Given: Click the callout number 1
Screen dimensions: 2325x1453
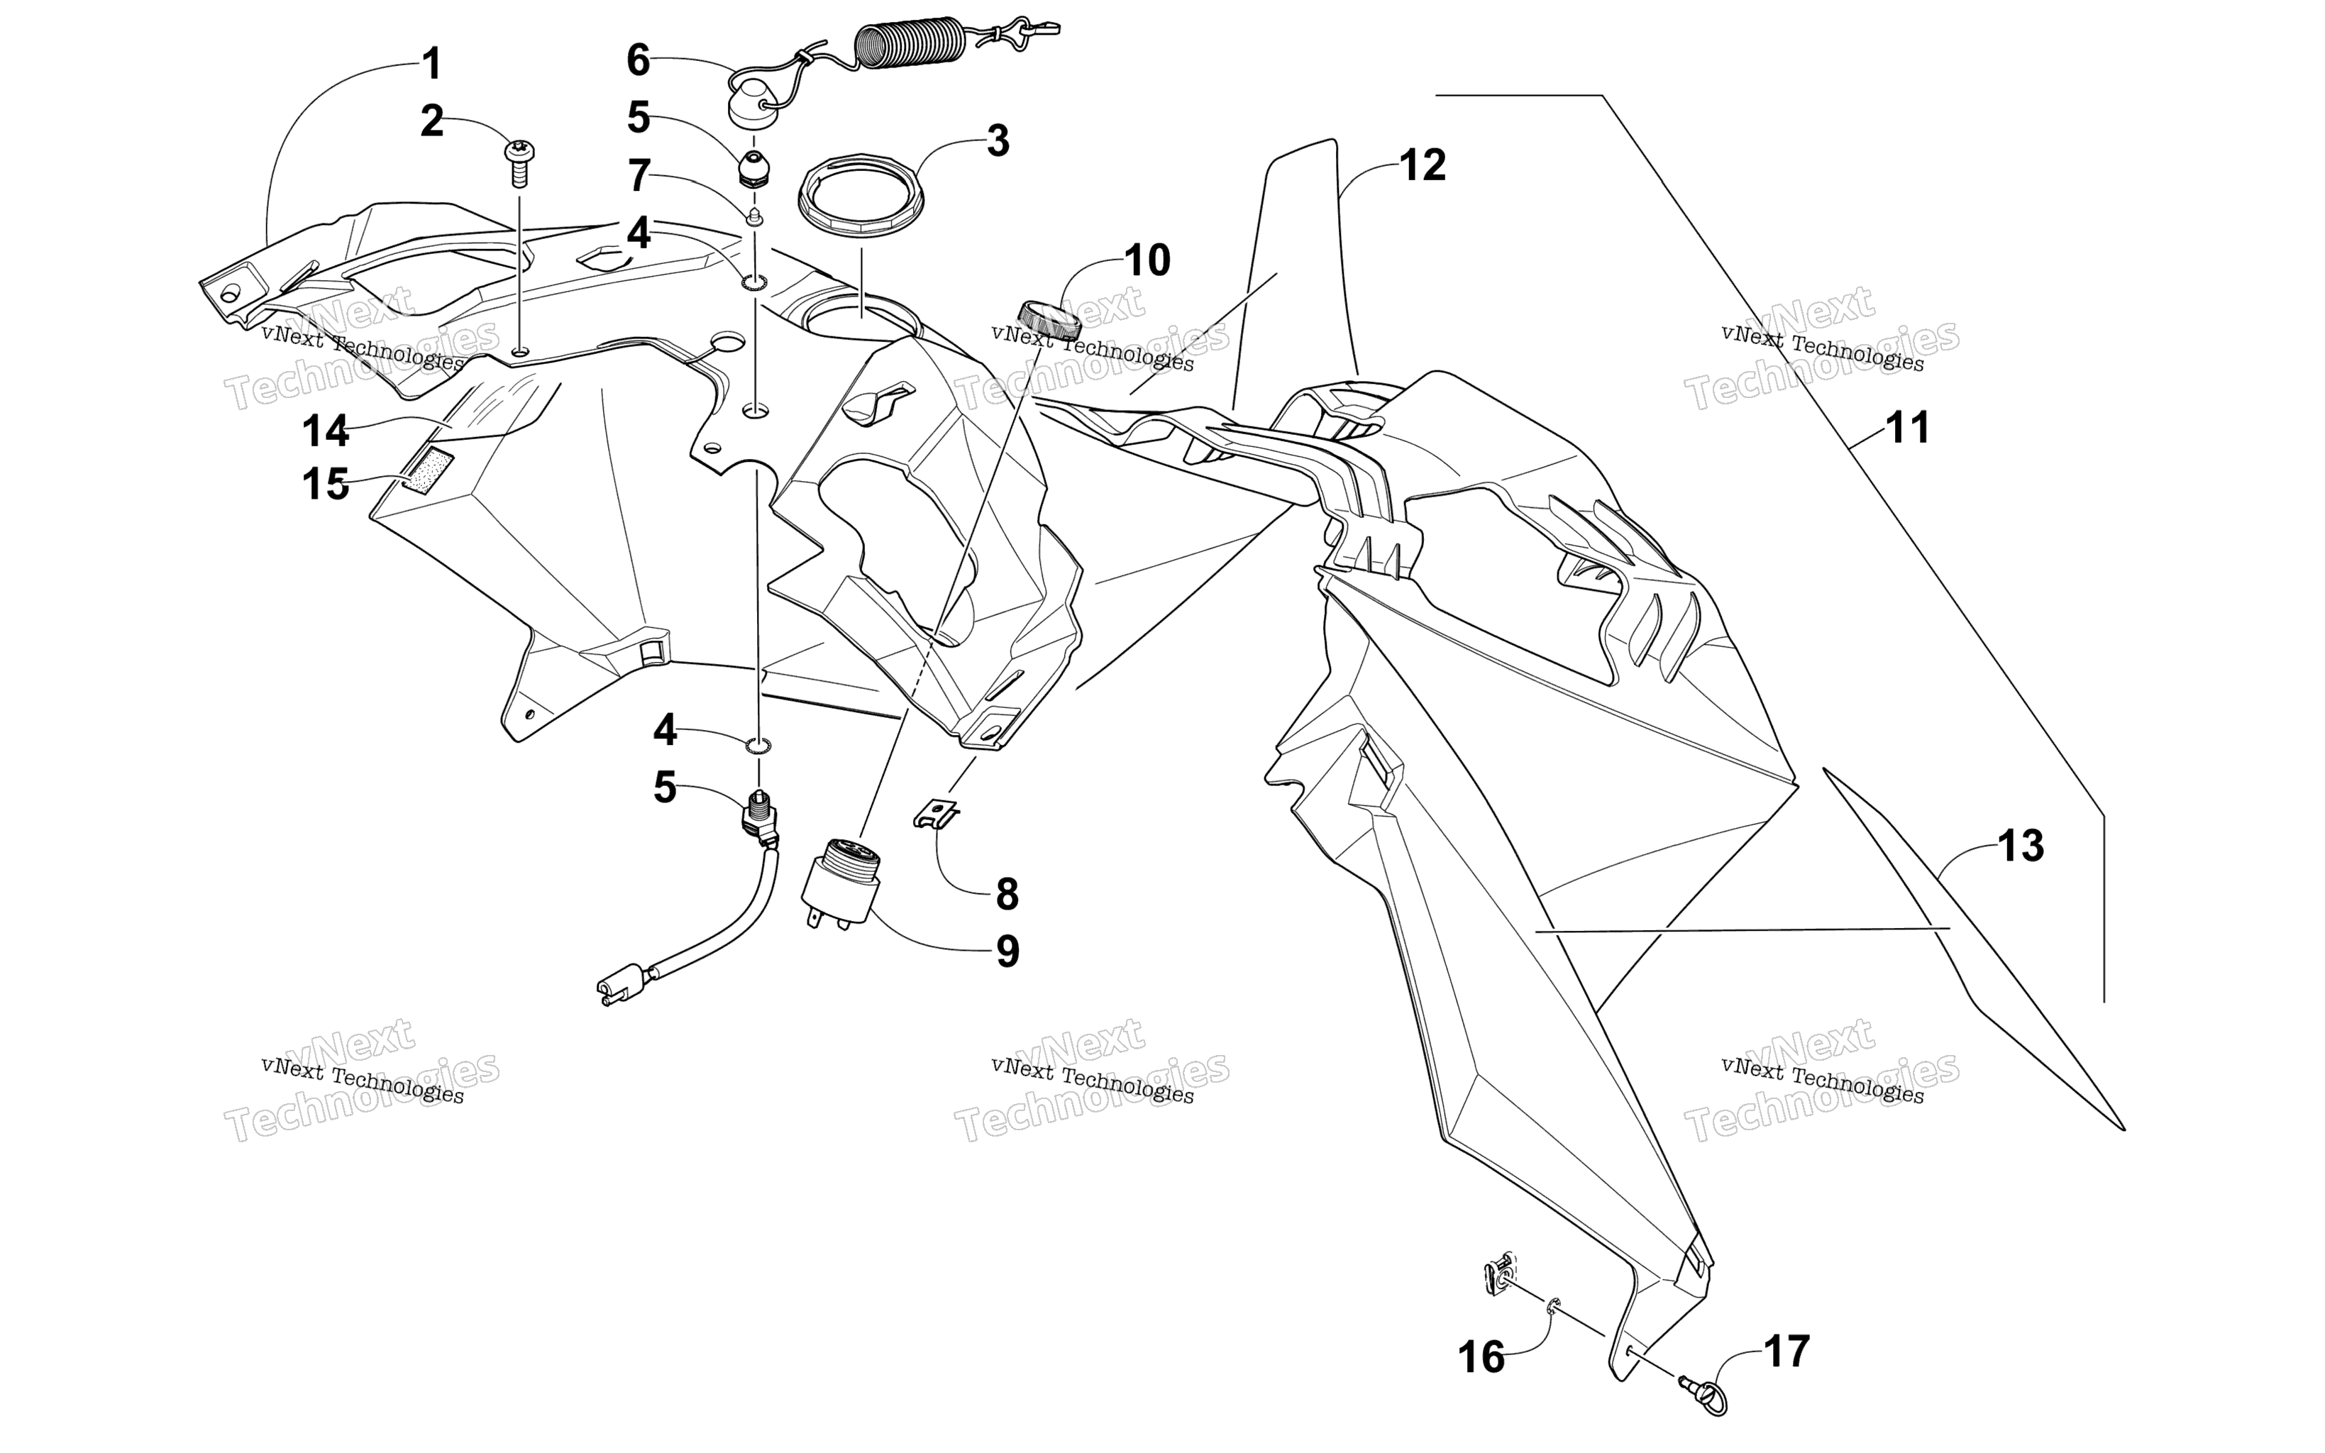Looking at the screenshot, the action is [x=432, y=65].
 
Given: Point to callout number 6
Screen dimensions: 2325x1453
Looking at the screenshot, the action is [x=639, y=60].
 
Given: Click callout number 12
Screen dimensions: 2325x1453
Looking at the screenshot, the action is [x=1423, y=165].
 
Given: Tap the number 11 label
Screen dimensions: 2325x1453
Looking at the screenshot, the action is [x=1908, y=428].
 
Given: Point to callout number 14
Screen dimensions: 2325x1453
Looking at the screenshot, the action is [x=326, y=433].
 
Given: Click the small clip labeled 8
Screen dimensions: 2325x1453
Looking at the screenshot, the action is [x=936, y=812].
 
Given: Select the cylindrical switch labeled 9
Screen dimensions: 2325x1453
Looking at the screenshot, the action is [x=839, y=882].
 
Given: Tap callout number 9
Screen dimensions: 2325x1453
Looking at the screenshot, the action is [x=1007, y=951].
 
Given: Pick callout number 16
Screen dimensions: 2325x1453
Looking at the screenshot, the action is [x=1481, y=1358].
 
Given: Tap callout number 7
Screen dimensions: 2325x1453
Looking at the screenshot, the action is [x=639, y=177].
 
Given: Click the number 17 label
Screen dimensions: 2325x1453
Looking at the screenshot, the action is [x=1787, y=1352].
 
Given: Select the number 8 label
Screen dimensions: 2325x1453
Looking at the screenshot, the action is [x=1007, y=895].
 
